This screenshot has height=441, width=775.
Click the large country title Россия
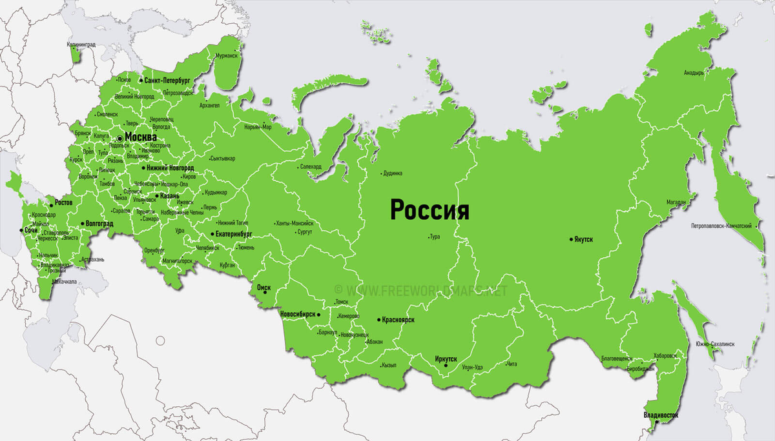tap(429, 210)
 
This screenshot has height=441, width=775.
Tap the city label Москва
tap(140, 137)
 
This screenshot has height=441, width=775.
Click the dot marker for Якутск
tap(571, 239)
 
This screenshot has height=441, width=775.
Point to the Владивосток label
tap(661, 415)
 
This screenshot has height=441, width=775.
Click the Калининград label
tap(81, 44)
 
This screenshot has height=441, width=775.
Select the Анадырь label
tap(694, 73)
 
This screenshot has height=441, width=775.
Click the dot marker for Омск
tap(265, 292)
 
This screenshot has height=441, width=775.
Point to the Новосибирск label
tap(298, 314)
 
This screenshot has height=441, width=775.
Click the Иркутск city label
tap(446, 358)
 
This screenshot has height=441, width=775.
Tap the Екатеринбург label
tap(233, 234)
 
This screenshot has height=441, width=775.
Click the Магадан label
tap(676, 202)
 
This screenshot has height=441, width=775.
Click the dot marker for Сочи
tap(21, 230)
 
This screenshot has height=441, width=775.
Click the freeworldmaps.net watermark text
tap(426, 291)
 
